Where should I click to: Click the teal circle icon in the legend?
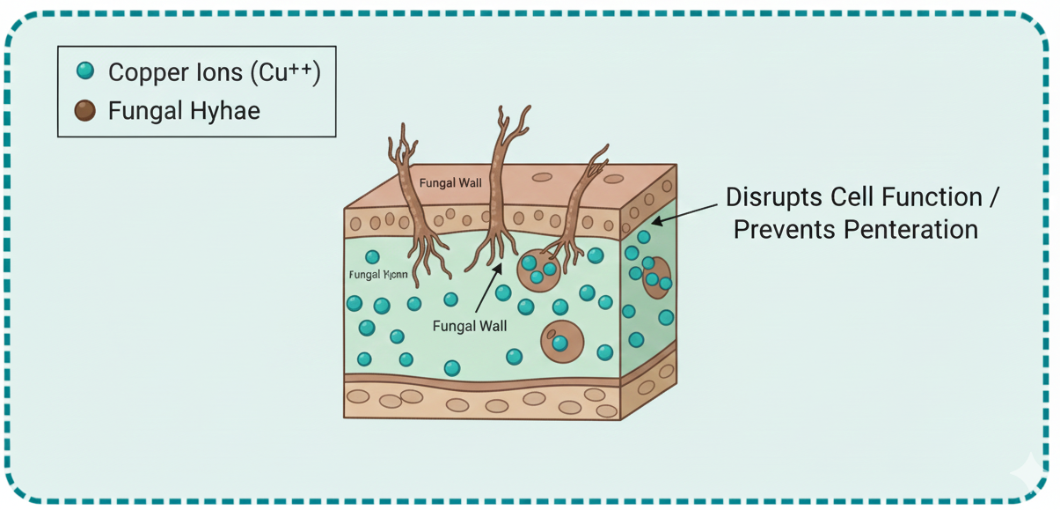[x=85, y=70]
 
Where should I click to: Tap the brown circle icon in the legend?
[x=85, y=110]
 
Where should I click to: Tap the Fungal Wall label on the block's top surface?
[x=450, y=183]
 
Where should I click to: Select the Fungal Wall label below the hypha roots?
[x=470, y=326]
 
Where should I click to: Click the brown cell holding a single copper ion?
[x=561, y=341]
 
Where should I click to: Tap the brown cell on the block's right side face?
[x=655, y=277]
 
